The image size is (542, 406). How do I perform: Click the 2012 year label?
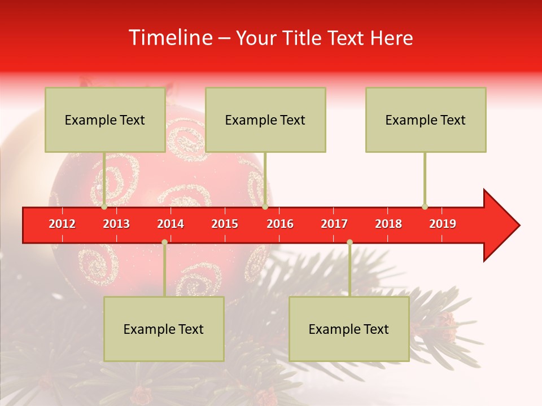(x=62, y=224)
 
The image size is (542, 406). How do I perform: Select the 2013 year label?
(x=116, y=224)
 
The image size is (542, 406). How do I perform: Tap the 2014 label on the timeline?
(x=171, y=224)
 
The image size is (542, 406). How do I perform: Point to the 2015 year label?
(x=225, y=224)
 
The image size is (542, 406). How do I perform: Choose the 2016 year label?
(x=280, y=224)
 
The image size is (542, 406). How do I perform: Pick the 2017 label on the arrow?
(x=334, y=224)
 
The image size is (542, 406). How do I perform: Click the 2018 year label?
(x=388, y=224)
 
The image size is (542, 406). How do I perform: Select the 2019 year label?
(x=443, y=224)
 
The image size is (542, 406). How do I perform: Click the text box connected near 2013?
(x=105, y=120)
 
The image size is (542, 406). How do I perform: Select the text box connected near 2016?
(x=265, y=120)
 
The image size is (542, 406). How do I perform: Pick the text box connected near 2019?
(x=426, y=120)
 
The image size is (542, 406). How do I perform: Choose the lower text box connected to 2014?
(x=164, y=329)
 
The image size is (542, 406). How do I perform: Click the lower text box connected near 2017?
(x=349, y=329)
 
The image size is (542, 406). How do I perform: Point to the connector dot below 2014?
(x=164, y=242)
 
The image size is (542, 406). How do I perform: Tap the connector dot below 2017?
(x=349, y=242)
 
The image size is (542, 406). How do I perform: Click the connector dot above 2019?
(x=425, y=206)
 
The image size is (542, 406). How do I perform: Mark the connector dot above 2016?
(x=265, y=206)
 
